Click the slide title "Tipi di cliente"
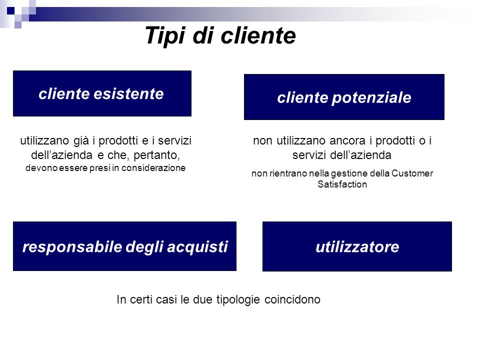pyautogui.click(x=220, y=36)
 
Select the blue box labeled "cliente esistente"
pyautogui.click(x=102, y=93)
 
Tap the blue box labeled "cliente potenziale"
pyautogui.click(x=344, y=97)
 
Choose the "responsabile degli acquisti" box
pyautogui.click(x=124, y=246)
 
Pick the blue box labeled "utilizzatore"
pyautogui.click(x=357, y=246)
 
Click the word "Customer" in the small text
pyautogui.click(x=412, y=173)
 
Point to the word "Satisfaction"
pyautogui.click(x=342, y=184)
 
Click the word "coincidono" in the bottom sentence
pyautogui.click(x=292, y=299)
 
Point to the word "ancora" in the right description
pyautogui.click(x=347, y=141)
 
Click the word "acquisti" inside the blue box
pyautogui.click(x=197, y=247)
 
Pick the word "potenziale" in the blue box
pyautogui.click(x=371, y=98)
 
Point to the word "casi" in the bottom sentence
pyautogui.click(x=166, y=299)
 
